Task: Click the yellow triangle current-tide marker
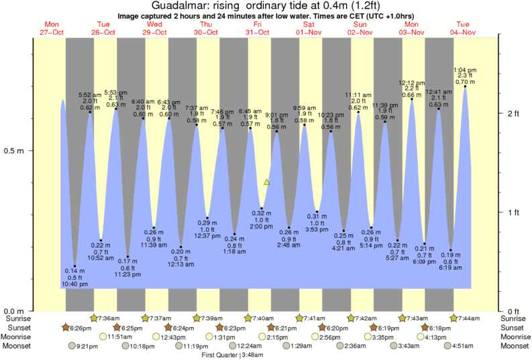tap(267, 182)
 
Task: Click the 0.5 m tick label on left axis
tap(15, 150)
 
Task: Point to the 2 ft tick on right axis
tap(513, 113)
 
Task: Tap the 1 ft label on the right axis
tap(513, 213)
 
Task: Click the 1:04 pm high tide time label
tap(465, 70)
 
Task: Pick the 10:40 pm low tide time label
tap(74, 285)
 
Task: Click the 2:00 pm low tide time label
tap(262, 227)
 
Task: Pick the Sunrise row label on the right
tap(515, 318)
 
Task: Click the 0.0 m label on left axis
tap(15, 311)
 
